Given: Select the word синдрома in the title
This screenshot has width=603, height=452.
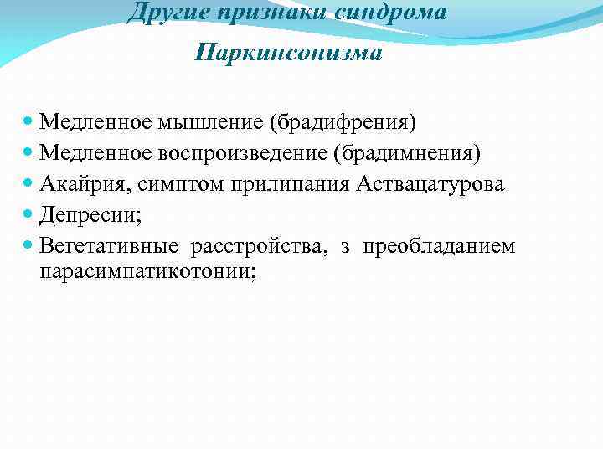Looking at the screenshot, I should coord(394,13).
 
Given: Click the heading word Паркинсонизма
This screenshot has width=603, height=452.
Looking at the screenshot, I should coord(288,54).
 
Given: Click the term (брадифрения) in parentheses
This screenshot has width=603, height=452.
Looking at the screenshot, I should coord(342,122).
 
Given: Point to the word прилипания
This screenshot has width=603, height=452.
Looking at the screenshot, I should coord(286,184).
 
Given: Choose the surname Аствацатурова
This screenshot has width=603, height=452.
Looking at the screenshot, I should coord(430,184).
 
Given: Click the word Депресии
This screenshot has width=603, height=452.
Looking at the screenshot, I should coord(90,215).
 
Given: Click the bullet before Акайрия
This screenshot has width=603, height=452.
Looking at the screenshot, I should coord(30,184).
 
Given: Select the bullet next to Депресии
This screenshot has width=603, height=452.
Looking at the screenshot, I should coord(30,215).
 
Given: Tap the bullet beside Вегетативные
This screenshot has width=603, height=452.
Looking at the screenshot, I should coord(30,246).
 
